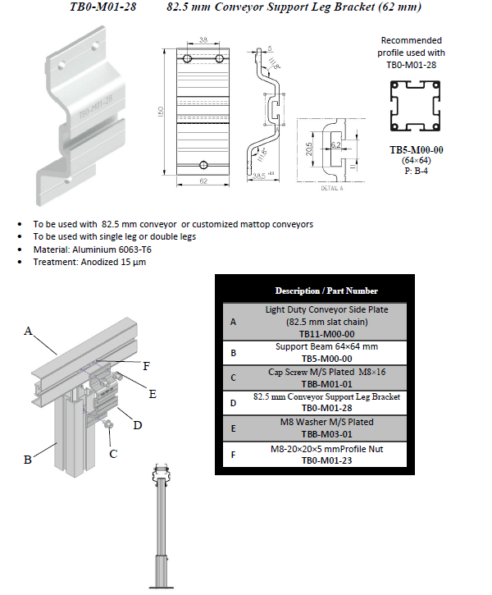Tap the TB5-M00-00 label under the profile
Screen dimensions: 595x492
[417, 150]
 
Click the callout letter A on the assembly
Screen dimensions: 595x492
[28, 332]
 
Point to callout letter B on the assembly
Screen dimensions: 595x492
[27, 460]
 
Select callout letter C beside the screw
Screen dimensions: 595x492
[113, 453]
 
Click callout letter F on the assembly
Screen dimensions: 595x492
[146, 364]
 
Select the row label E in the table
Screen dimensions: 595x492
[234, 428]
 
